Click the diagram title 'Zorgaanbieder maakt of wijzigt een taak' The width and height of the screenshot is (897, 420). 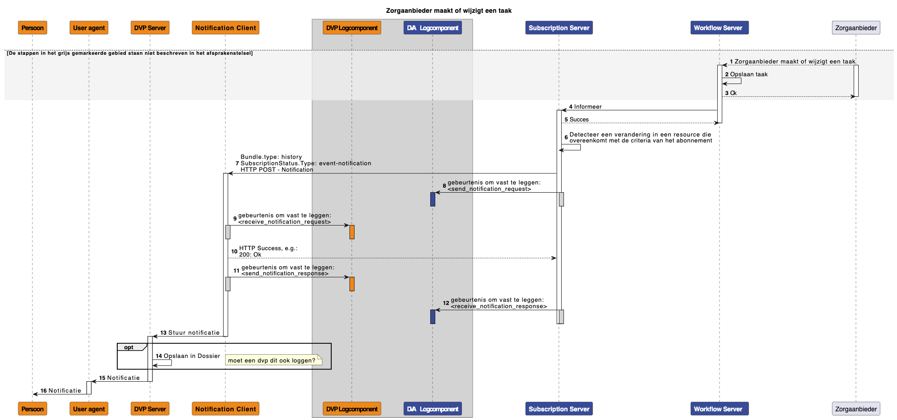pyautogui.click(x=448, y=10)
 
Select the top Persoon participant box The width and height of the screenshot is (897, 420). pyautogui.click(x=32, y=28)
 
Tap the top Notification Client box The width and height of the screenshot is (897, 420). pyautogui.click(x=225, y=28)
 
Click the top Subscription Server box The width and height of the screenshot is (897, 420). pyautogui.click(x=559, y=28)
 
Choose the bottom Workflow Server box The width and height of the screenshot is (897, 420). pyautogui.click(x=720, y=409)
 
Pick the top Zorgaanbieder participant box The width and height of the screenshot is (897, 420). pyautogui.click(x=856, y=28)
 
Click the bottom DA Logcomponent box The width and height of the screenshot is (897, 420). pyautogui.click(x=433, y=409)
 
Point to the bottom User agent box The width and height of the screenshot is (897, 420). pyautogui.click(x=89, y=409)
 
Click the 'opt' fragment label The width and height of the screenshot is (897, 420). pyautogui.click(x=129, y=347)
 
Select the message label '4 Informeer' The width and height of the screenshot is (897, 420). pyautogui.click(x=585, y=107)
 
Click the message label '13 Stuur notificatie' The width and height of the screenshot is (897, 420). pyautogui.click(x=190, y=333)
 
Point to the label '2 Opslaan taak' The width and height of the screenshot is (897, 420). pyautogui.click(x=746, y=74)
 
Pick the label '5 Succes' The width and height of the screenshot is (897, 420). pyautogui.click(x=577, y=120)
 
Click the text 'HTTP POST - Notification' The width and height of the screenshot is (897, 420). pyautogui.click(x=277, y=170)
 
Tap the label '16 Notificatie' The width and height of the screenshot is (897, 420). pyautogui.click(x=61, y=391)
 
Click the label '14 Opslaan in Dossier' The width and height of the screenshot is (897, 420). pyautogui.click(x=188, y=356)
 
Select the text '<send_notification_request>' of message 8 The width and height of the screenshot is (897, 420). pyautogui.click(x=489, y=189)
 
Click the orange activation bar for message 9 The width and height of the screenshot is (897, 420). pyautogui.click(x=352, y=232)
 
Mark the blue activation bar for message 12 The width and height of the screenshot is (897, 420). pyautogui.click(x=433, y=317)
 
